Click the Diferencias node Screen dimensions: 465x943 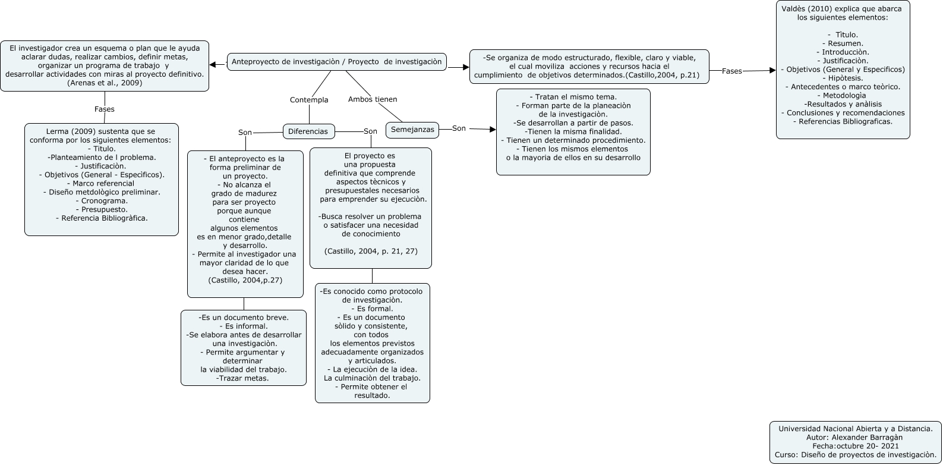pyautogui.click(x=308, y=131)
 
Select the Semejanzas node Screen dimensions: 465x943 pyautogui.click(x=412, y=129)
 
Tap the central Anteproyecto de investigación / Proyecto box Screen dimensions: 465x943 pyautogui.click(x=336, y=62)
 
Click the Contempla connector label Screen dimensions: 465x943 pyautogui.click(x=309, y=100)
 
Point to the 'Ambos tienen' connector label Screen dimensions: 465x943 pyautogui.click(x=373, y=99)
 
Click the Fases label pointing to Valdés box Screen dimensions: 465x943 pyautogui.click(x=731, y=71)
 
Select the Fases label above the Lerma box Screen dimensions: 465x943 pyautogui.click(x=105, y=109)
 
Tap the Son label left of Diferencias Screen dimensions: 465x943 pyautogui.click(x=245, y=133)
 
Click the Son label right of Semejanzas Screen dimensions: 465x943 pyautogui.click(x=459, y=128)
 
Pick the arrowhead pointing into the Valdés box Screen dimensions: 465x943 pyautogui.click(x=772, y=70)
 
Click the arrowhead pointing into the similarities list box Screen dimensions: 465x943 pyautogui.click(x=492, y=130)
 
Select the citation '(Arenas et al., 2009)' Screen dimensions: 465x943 pyautogui.click(x=105, y=83)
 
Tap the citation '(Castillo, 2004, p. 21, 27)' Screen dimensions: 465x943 pyautogui.click(x=371, y=252)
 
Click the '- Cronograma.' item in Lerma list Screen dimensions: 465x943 pyautogui.click(x=101, y=201)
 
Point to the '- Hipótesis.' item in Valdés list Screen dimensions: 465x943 pyautogui.click(x=843, y=78)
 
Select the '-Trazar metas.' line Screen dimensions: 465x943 pyautogui.click(x=242, y=378)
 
